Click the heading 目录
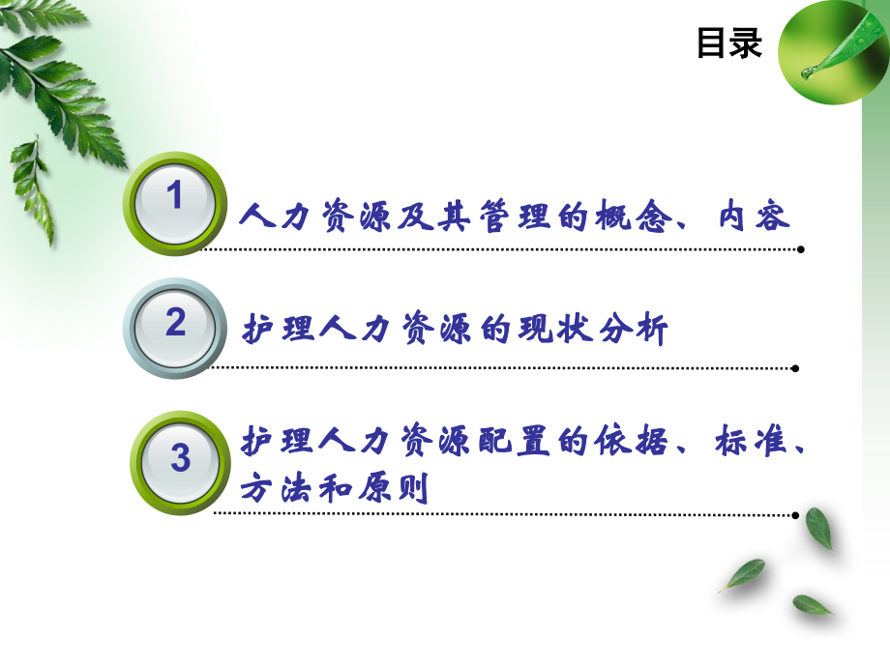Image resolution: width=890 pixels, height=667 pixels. pos(729,43)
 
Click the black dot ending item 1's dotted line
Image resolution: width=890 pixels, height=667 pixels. pos(800,249)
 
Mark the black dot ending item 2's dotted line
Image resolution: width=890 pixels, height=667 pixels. pos(795,367)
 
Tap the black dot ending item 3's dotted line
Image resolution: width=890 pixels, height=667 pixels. pos(795,515)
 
